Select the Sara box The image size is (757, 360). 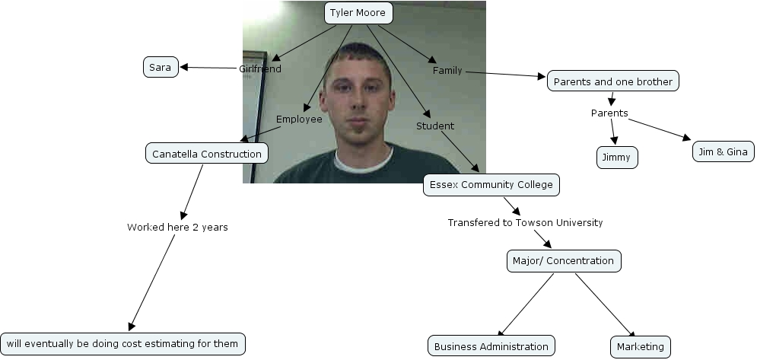[x=160, y=67]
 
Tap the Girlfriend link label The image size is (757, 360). [x=260, y=68]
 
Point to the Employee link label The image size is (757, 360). [x=299, y=119]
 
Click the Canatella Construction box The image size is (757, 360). [x=206, y=154]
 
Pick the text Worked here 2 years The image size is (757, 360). [x=177, y=227]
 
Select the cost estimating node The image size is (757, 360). [x=122, y=344]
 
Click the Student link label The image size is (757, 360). [x=435, y=126]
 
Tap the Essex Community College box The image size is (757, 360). [x=491, y=184]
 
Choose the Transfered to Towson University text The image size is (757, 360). [x=525, y=222]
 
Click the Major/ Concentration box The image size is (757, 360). [x=563, y=260]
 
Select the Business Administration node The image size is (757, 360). [x=491, y=346]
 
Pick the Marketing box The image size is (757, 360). [x=640, y=346]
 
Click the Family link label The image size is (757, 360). [x=447, y=71]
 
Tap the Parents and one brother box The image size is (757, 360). [x=612, y=81]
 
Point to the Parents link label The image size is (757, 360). [x=609, y=113]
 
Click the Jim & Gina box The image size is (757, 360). [x=723, y=151]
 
